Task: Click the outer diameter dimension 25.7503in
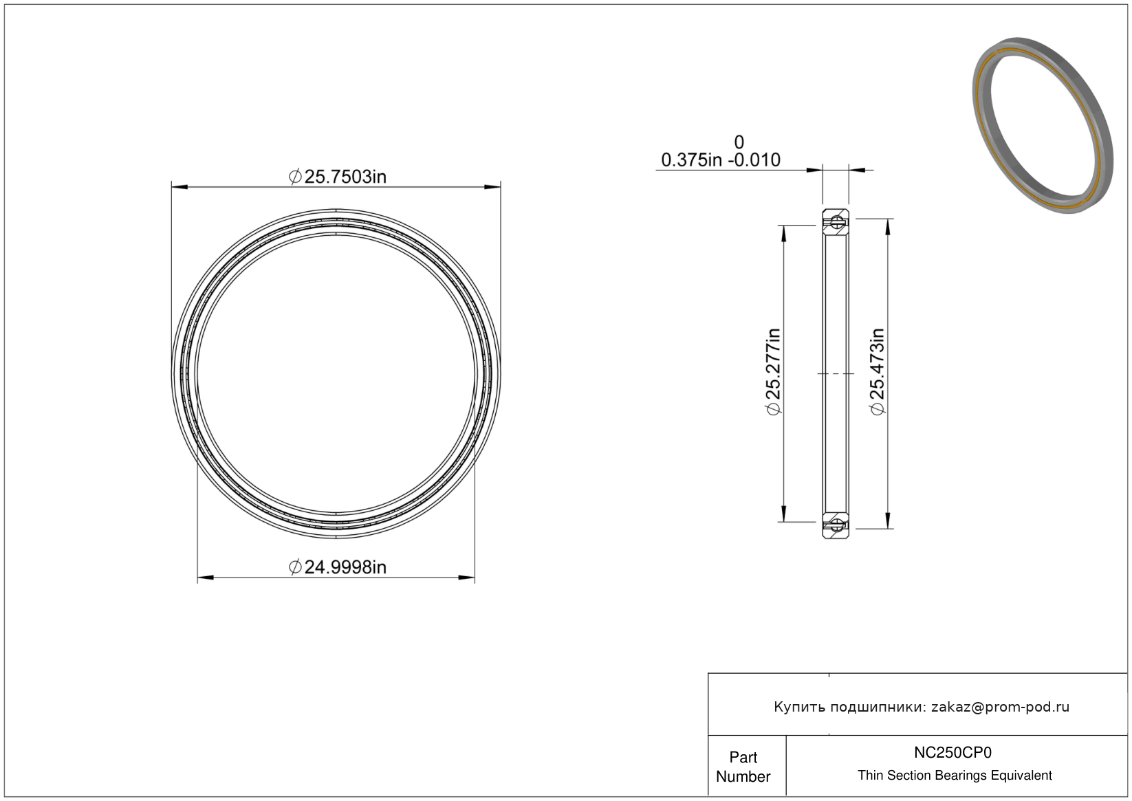[338, 177]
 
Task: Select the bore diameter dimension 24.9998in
[338, 567]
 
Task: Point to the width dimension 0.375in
[692, 160]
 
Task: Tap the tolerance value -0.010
[754, 160]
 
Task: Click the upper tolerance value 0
[739, 142]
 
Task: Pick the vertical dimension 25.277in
[774, 372]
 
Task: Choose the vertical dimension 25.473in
[878, 372]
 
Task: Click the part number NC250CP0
[953, 753]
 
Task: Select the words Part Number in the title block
[743, 767]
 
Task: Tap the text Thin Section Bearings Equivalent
[955, 776]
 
